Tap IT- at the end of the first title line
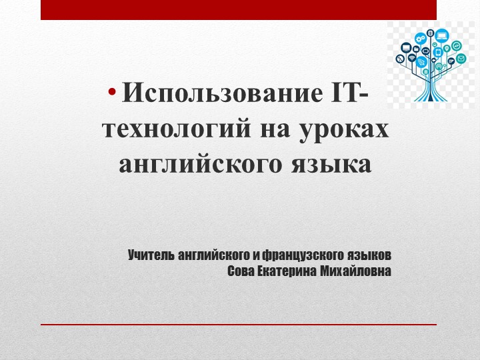point(349,93)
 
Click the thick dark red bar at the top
point(239,9)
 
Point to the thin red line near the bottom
point(239,324)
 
